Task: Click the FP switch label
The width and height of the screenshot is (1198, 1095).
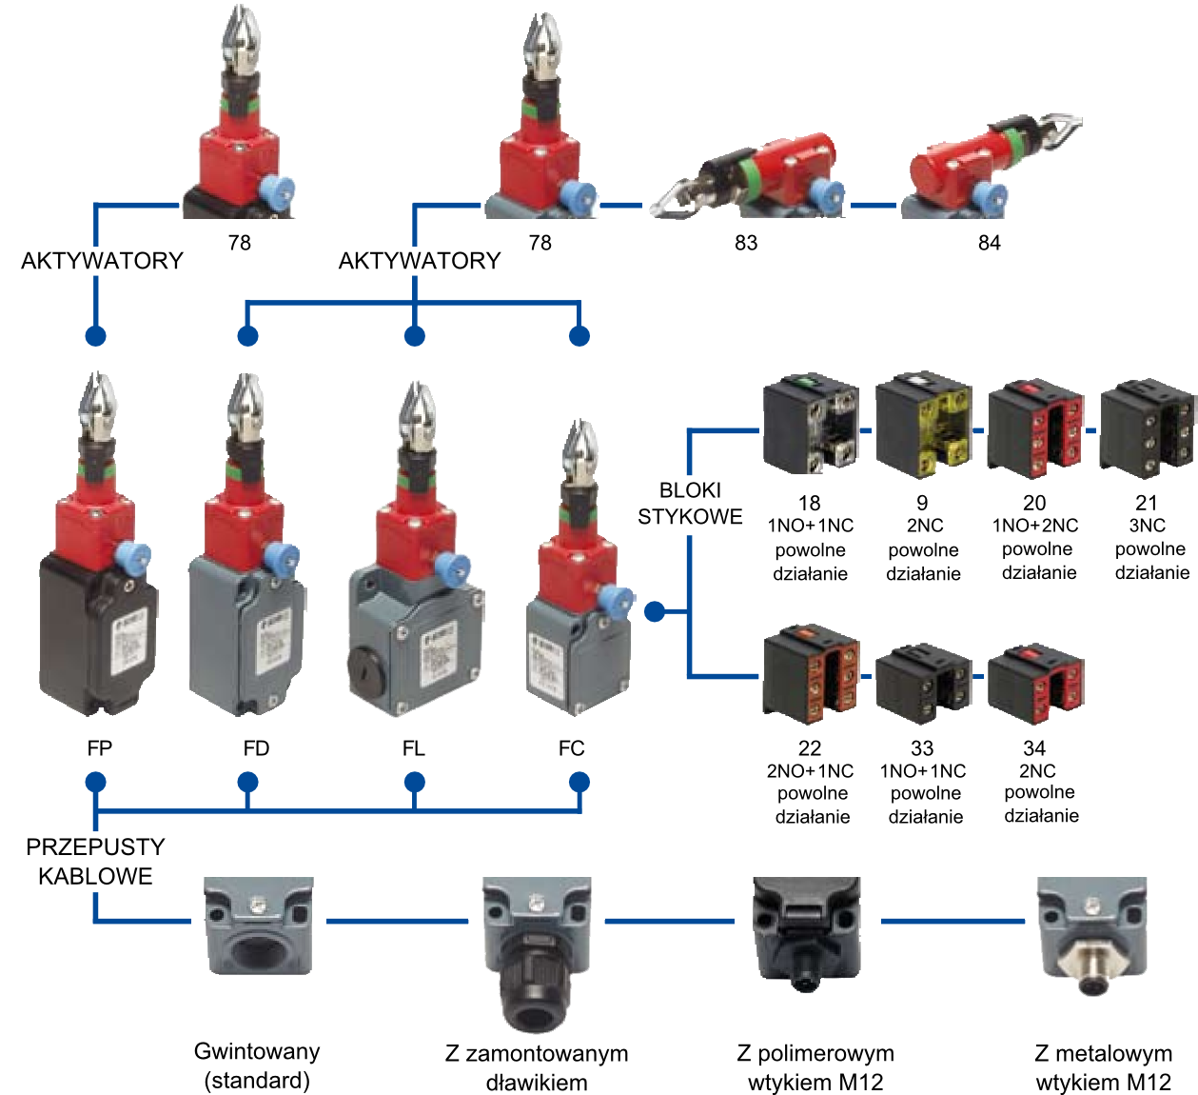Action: tap(99, 747)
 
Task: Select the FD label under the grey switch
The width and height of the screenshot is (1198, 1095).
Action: tap(256, 747)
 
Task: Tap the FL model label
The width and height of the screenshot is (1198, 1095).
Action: tap(414, 747)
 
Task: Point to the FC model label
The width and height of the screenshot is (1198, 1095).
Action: tap(572, 747)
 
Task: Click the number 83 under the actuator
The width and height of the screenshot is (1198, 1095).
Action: tap(746, 243)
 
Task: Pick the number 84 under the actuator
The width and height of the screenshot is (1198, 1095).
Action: tap(989, 243)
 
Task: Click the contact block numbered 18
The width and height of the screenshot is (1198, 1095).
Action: tap(811, 423)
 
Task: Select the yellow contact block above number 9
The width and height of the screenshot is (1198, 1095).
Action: tap(923, 425)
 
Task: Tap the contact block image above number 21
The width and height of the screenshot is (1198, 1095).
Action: tap(1148, 428)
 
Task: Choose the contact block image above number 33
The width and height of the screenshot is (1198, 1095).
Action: tap(923, 684)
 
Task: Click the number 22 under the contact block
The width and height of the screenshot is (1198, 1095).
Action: tap(810, 747)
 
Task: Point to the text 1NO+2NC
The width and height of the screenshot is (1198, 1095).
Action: tap(1035, 526)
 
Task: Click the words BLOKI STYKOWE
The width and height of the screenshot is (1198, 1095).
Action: tap(690, 504)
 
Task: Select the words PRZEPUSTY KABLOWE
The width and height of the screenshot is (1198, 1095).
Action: tap(95, 862)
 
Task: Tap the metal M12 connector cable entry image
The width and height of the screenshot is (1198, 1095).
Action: tap(1091, 935)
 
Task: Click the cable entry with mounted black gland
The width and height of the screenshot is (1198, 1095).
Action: tap(536, 953)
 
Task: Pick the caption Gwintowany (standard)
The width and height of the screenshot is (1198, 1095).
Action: tap(257, 1065)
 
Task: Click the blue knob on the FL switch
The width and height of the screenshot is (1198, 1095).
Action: tap(451, 570)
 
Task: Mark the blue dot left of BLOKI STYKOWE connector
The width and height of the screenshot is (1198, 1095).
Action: tap(655, 611)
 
